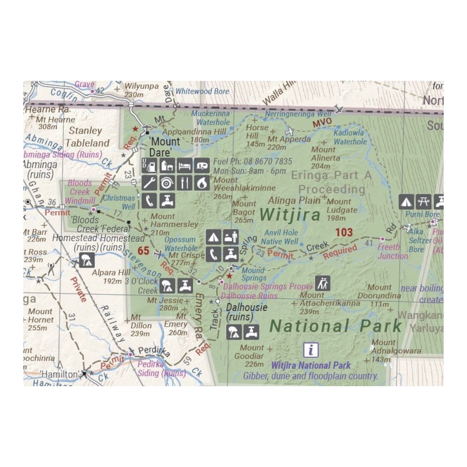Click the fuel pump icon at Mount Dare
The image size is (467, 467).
point(149,165)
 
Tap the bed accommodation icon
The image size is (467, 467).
point(185,165)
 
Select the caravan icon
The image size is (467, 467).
point(202,165)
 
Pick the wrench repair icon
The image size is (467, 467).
point(149,183)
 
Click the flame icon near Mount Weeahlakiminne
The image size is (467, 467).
point(202,183)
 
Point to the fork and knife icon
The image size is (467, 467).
point(185,183)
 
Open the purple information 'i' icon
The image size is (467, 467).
point(311,350)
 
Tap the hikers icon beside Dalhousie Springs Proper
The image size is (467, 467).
point(323,283)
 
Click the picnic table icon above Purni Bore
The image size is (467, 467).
point(424,201)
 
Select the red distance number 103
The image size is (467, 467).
point(344,232)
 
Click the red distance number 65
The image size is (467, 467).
point(143,251)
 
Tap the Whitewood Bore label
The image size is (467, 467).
point(202,91)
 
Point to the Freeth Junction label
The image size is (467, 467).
point(393,252)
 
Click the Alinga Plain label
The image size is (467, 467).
point(294,201)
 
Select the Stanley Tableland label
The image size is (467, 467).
point(87,137)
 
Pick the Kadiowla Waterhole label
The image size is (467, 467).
point(350,137)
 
